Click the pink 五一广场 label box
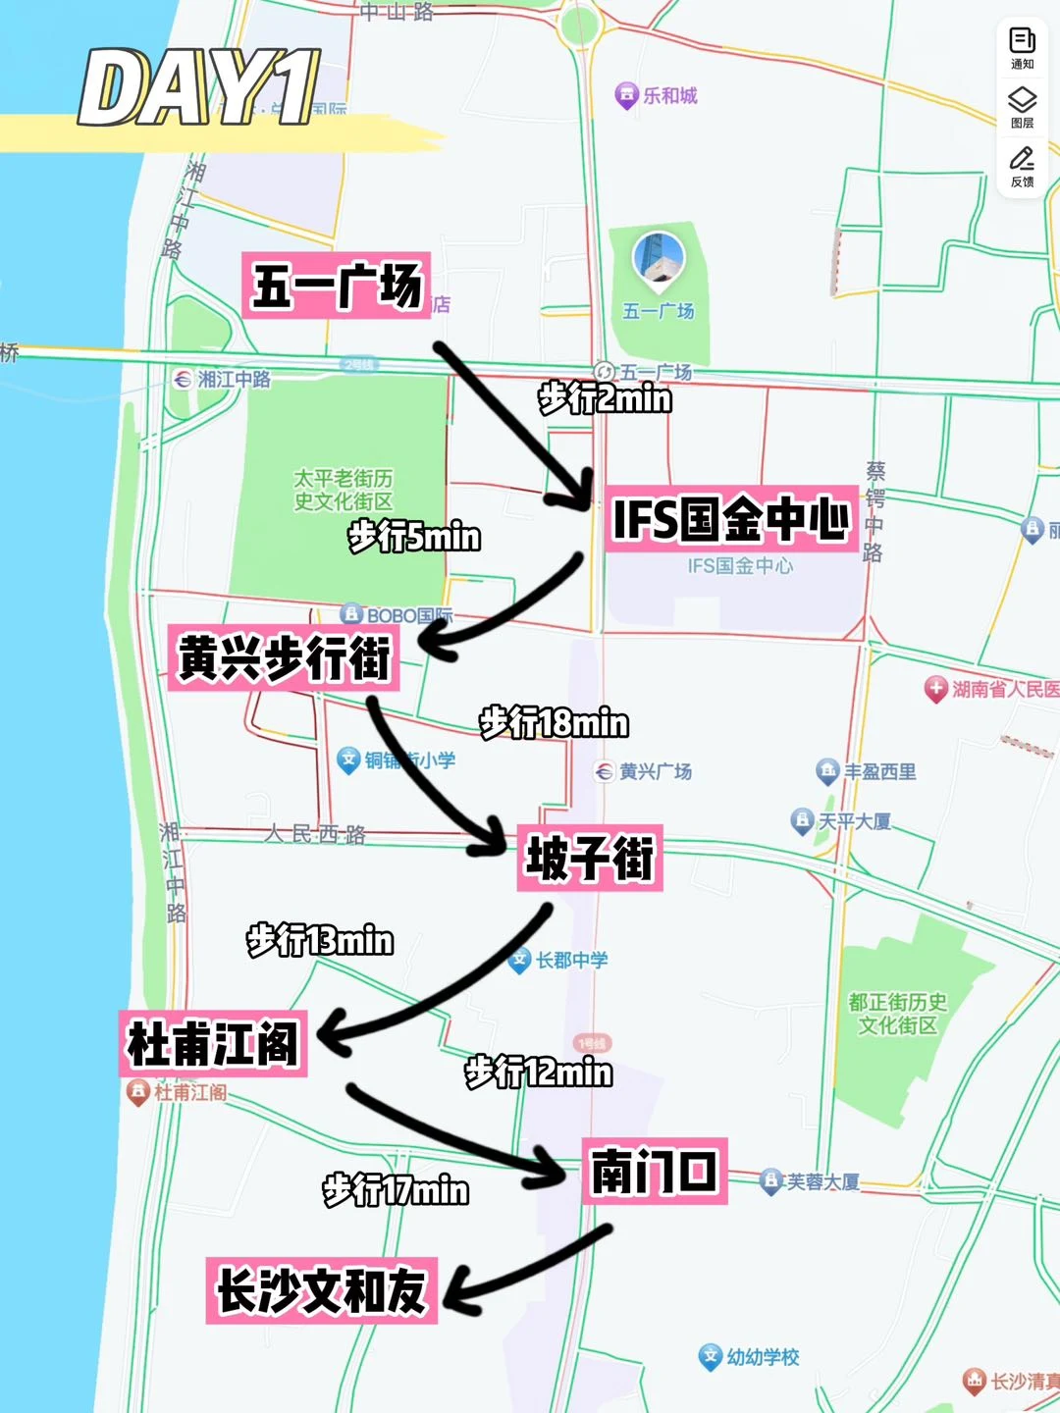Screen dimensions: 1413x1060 tap(336, 285)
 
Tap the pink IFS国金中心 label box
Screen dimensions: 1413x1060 tap(730, 518)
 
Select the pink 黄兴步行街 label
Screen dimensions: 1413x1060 tap(284, 656)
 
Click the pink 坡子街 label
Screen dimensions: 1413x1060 tap(590, 858)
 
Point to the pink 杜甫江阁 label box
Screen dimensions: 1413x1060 tap(213, 1043)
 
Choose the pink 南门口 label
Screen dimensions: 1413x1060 tap(655, 1171)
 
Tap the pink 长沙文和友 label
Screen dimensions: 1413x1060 tap(321, 1290)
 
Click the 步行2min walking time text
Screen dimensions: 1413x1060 tap(605, 398)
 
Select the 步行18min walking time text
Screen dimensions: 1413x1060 tap(554, 723)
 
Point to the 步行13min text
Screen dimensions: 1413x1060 tap(320, 940)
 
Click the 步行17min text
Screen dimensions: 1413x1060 tap(396, 1189)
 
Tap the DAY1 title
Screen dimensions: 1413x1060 tap(199, 88)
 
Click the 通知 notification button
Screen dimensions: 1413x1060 tap(1022, 47)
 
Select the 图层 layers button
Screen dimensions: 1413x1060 tap(1022, 106)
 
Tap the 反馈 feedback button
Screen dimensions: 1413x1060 tap(1022, 166)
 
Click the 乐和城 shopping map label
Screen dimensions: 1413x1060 tap(657, 95)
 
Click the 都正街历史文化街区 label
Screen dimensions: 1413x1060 tap(898, 1014)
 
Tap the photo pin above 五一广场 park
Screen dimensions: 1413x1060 tap(658, 258)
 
